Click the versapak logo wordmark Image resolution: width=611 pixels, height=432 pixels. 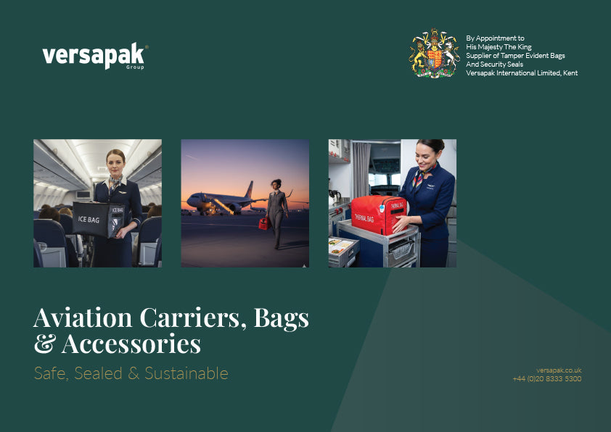[x=94, y=56]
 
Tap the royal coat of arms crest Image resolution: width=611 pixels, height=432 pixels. [x=434, y=54]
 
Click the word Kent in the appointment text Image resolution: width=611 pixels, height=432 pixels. [x=570, y=72]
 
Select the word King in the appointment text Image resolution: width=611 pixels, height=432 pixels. [x=525, y=46]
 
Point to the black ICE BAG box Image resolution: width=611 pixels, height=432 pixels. [x=99, y=220]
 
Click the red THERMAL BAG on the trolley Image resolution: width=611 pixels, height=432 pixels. [x=379, y=215]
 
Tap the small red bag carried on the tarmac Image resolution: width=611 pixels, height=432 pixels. [x=264, y=223]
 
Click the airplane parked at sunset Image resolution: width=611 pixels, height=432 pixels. [x=222, y=201]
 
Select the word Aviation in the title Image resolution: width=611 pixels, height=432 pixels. [x=83, y=317]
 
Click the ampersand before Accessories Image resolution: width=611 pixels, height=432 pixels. [x=45, y=344]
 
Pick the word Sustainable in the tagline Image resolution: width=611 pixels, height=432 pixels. [x=186, y=373]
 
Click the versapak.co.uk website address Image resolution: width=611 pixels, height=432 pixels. [x=559, y=370]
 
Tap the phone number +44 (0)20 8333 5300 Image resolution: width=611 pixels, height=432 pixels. [x=547, y=378]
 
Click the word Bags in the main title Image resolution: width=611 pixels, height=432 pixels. [x=282, y=319]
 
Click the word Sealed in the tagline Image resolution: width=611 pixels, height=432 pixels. [x=98, y=373]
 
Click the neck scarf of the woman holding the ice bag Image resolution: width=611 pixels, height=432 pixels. [x=115, y=182]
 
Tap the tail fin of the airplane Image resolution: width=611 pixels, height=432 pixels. [x=249, y=189]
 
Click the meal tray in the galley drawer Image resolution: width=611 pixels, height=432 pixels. [x=340, y=246]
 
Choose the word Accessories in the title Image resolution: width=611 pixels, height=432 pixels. [x=131, y=344]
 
